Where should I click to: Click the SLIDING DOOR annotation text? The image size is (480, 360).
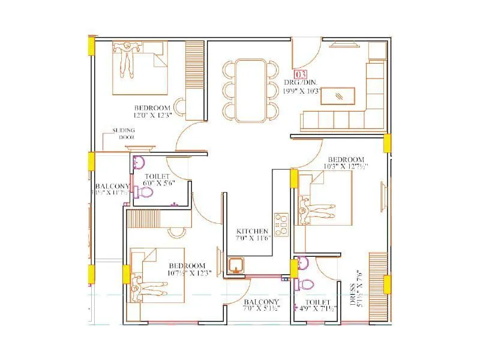tap(127, 133)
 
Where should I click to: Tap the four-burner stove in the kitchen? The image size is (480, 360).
tap(280, 223)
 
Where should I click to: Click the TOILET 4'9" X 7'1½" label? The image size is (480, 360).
tap(317, 306)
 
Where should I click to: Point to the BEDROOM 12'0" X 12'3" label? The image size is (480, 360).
tap(153, 110)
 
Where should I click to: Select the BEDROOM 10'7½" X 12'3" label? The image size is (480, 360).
tap(187, 269)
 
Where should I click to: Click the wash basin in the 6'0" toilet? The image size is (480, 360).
tap(139, 162)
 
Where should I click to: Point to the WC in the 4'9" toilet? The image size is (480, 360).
tap(308, 283)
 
